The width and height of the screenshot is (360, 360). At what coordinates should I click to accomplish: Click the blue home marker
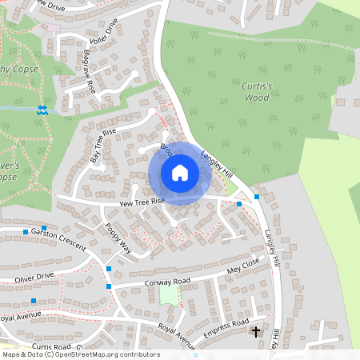click(179, 172)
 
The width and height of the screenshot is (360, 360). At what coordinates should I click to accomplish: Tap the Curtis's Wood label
click(257, 91)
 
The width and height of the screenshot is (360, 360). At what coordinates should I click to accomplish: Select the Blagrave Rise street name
click(89, 74)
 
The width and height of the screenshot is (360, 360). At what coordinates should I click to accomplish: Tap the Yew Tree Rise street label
click(142, 203)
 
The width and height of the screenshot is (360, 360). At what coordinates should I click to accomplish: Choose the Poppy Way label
click(118, 238)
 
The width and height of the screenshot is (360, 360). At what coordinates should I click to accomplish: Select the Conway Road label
click(167, 282)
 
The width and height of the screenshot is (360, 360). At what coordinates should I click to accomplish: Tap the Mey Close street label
click(244, 265)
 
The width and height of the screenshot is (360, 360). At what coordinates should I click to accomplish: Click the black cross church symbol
click(256, 330)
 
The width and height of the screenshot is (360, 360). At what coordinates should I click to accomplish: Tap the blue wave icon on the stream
click(42, 109)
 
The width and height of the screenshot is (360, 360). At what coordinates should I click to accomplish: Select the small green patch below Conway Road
click(168, 295)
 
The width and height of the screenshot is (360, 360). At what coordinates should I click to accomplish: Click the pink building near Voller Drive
click(53, 28)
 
